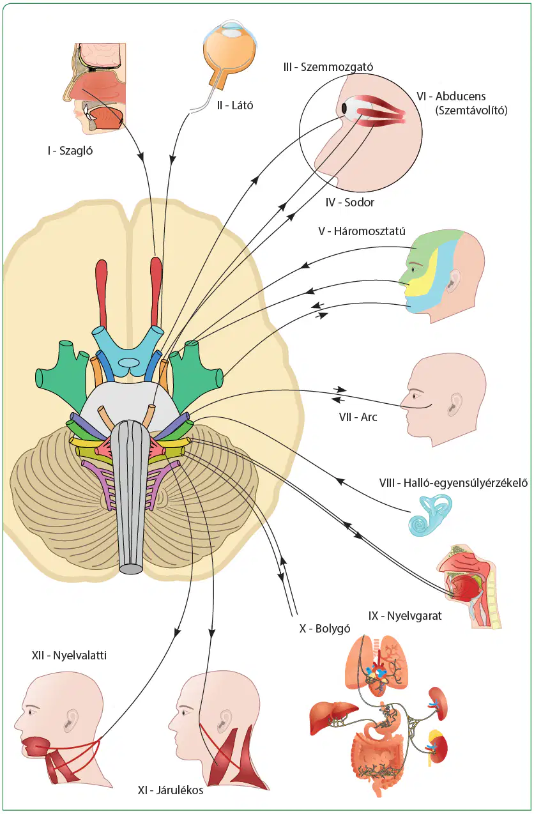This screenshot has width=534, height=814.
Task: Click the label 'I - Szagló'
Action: (x=70, y=150)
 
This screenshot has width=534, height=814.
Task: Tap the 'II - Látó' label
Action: (x=234, y=105)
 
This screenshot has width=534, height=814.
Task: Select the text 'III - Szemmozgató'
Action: (x=328, y=67)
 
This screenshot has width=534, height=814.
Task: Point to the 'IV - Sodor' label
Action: (x=350, y=202)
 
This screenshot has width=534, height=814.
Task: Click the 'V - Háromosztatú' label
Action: (x=362, y=231)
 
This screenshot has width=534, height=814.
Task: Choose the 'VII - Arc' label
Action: (x=358, y=417)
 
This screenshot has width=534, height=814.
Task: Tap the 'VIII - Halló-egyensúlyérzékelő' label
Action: (x=454, y=483)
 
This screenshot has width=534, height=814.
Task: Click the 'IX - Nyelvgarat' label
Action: (x=405, y=615)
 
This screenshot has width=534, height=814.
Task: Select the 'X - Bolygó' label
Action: (x=324, y=628)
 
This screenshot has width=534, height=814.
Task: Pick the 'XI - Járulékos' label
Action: (x=171, y=790)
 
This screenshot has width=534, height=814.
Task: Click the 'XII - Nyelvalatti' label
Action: (x=69, y=655)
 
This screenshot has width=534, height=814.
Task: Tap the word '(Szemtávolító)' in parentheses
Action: (x=471, y=110)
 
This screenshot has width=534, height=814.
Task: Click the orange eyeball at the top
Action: (x=229, y=54)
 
